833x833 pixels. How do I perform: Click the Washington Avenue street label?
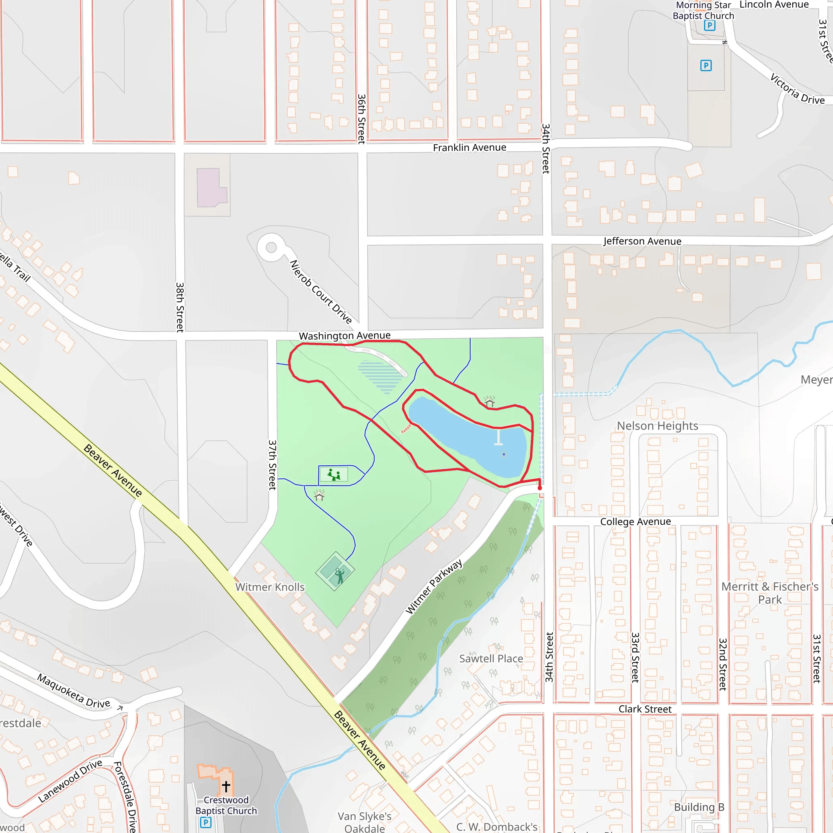point(345,336)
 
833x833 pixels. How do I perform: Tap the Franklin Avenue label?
point(469,148)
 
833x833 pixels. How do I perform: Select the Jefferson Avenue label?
point(642,241)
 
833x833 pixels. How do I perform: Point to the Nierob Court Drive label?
point(321,292)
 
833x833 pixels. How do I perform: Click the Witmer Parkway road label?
point(434,587)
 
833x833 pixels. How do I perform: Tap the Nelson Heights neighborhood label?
point(658,426)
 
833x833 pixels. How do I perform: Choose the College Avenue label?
point(636,522)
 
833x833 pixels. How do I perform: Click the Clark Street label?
point(645,709)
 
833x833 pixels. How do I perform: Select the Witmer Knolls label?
point(270,587)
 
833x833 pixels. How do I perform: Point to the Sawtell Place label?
point(491,659)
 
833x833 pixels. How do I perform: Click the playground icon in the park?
point(334,475)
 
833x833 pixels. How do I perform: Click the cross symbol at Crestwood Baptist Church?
point(226,786)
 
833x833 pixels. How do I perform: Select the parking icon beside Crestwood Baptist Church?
point(206,822)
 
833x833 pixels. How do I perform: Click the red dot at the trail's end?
point(539,488)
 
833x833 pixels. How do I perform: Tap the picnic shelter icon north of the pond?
point(489,402)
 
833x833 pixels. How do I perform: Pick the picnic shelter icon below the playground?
point(319,496)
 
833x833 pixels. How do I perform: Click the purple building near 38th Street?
point(211,188)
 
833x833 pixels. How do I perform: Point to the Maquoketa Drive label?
point(73,691)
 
